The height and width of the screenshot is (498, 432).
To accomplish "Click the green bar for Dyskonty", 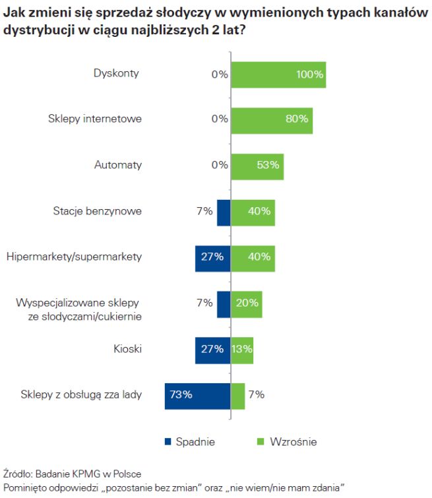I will tap(278, 75).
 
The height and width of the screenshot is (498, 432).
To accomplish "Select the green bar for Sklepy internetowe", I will tap(271, 119).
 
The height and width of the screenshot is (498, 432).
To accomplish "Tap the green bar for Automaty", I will tap(257, 166).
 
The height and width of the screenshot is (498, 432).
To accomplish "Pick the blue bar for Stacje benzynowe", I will tap(224, 212).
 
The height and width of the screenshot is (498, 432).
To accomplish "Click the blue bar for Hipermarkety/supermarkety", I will tap(212, 257).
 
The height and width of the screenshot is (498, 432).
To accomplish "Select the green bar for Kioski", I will tap(241, 350).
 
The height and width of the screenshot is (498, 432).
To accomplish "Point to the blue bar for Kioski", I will tap(212, 350).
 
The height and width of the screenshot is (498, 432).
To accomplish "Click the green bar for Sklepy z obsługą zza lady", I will tap(237, 395).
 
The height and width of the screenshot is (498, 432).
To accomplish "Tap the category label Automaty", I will tap(118, 166).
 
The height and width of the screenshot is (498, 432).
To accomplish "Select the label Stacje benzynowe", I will tap(97, 212).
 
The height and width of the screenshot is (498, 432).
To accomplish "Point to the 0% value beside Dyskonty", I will tap(220, 75).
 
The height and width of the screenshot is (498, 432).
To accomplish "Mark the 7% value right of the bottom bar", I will tap(257, 395).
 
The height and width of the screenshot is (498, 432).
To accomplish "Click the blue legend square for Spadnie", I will tap(167, 441).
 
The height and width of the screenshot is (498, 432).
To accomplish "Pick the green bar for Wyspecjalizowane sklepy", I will tap(246, 303).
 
